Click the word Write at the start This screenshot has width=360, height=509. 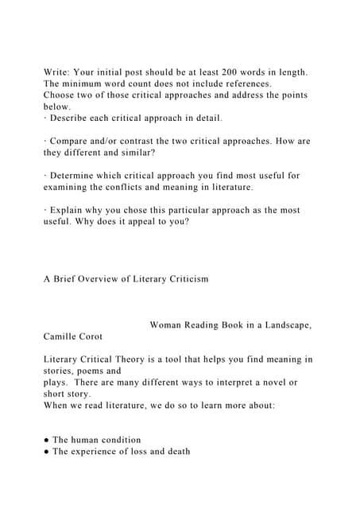59,72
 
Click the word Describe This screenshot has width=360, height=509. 74,119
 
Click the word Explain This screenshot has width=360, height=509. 71,210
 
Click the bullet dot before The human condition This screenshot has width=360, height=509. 47,440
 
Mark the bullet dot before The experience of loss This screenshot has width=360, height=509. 47,452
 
